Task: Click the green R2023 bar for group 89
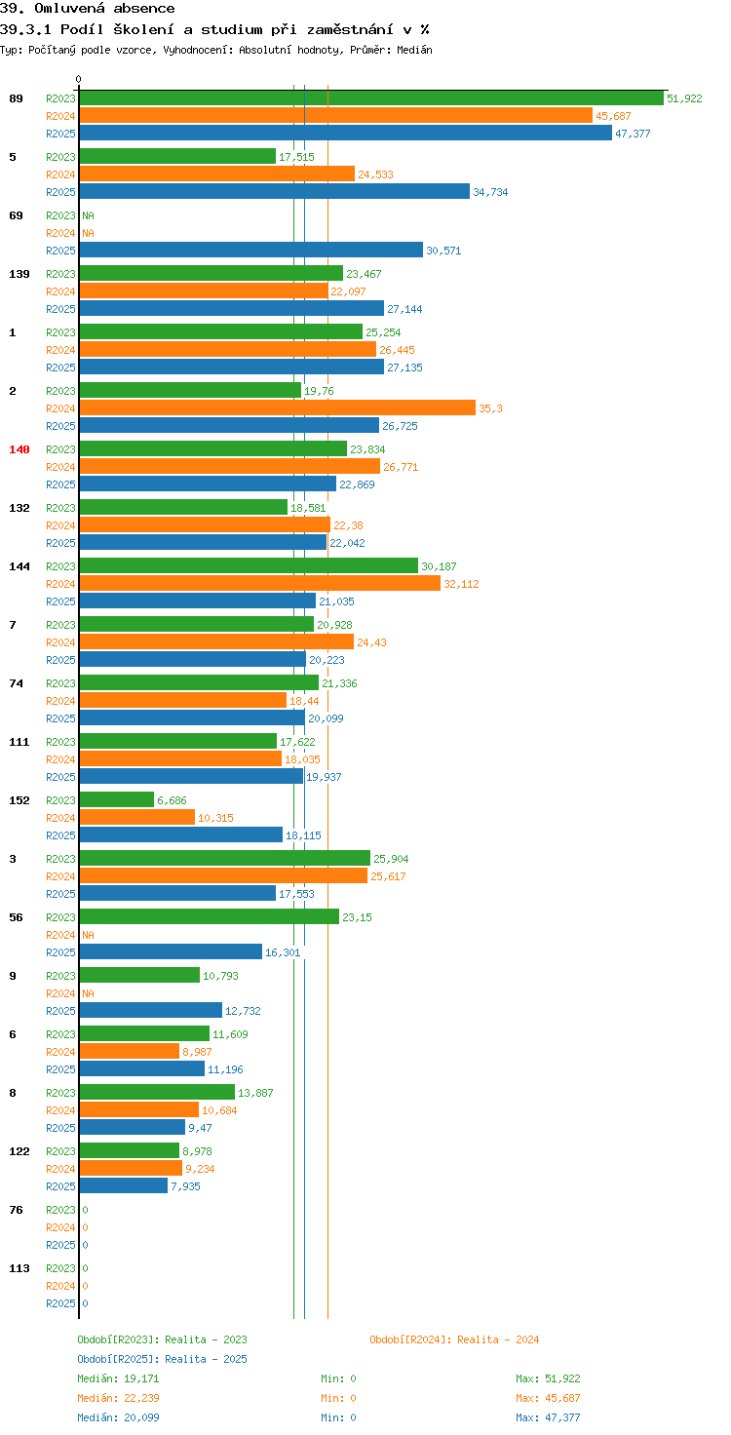371,98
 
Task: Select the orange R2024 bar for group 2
278,408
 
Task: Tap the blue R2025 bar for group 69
251,250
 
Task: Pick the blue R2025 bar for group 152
180,834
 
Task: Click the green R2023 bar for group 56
209,916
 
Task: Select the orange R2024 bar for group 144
260,584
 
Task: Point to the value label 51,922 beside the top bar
684,98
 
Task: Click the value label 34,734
490,192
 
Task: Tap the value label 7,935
185,1186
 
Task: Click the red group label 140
19,449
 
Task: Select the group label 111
19,742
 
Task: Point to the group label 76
16,1210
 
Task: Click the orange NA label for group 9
88,993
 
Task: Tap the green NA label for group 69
88,215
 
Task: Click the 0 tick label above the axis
78,79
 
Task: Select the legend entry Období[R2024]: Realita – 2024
454,1339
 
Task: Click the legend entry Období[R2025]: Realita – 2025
162,1359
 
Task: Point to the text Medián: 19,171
118,1378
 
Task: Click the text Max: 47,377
548,1417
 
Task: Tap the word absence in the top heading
144,9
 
